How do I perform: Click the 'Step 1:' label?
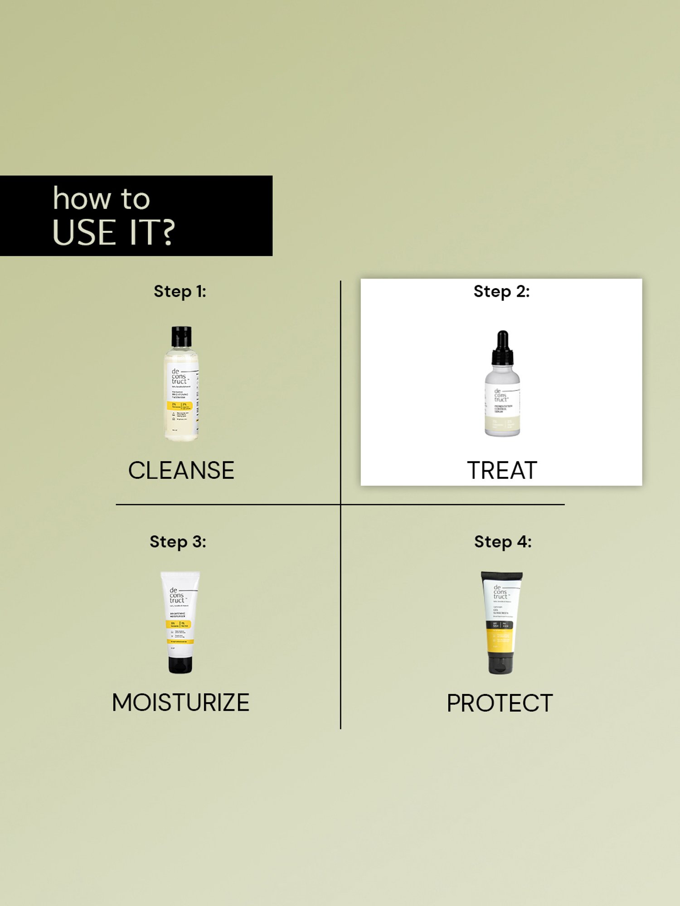click(x=180, y=291)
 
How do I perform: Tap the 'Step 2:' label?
click(x=501, y=291)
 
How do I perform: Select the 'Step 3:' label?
click(x=178, y=542)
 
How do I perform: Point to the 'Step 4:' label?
click(x=503, y=542)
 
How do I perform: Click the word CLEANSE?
click(x=181, y=470)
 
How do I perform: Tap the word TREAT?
click(x=502, y=470)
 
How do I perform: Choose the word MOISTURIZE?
click(x=180, y=703)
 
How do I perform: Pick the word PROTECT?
click(x=500, y=703)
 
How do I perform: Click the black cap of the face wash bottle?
click(x=181, y=337)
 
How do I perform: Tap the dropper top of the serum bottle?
click(x=502, y=348)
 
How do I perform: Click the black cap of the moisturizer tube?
click(x=180, y=665)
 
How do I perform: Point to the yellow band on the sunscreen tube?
click(x=500, y=640)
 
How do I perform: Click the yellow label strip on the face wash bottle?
click(x=180, y=405)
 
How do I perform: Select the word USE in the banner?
click(x=84, y=233)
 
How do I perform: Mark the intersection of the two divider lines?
click(x=340, y=504)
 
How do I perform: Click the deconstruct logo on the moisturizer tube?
click(x=177, y=595)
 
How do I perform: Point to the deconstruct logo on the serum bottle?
click(x=500, y=395)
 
